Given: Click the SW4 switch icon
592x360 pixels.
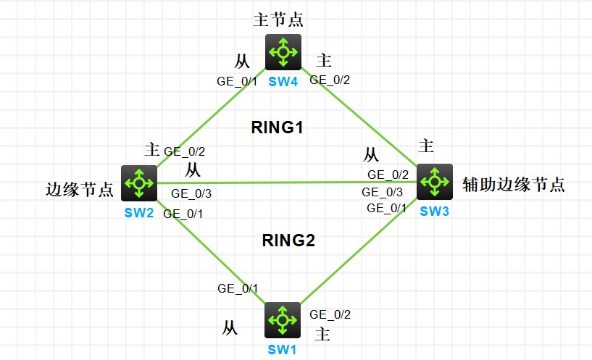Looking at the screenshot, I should (x=283, y=51).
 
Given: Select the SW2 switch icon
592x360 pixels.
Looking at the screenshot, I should (x=139, y=183).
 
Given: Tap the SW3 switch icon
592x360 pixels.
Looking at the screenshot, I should (x=434, y=180).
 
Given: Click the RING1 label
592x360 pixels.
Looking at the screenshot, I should (x=277, y=129).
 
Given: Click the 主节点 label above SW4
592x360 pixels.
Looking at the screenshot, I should (x=278, y=19).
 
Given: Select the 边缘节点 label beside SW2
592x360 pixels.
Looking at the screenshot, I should (x=79, y=190).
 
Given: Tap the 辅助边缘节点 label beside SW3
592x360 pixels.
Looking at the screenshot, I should (x=513, y=185).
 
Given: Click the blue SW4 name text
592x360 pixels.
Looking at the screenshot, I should (x=283, y=82).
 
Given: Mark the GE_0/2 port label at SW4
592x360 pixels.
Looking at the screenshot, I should (x=330, y=80).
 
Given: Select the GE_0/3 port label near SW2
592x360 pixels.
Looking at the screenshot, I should (x=191, y=193).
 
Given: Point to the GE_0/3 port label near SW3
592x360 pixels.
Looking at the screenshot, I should (x=382, y=192).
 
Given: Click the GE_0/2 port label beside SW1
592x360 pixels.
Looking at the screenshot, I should (x=330, y=314).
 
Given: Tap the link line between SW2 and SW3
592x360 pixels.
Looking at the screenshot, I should (x=290, y=183).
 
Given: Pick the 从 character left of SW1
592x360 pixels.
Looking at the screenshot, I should (x=229, y=328).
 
